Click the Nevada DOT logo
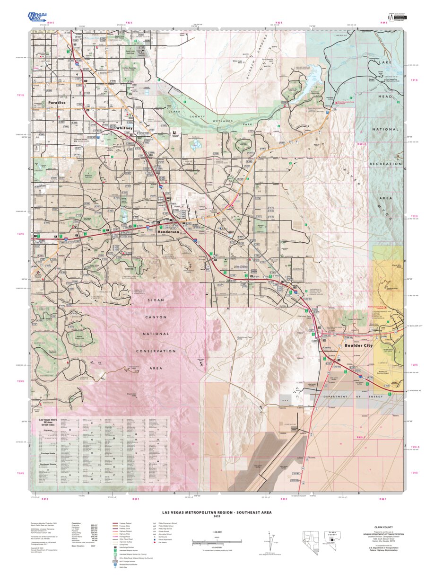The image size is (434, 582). pyautogui.click(x=37, y=18)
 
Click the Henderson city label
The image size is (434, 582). pyautogui.click(x=168, y=232)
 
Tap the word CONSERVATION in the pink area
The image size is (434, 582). pyautogui.click(x=149, y=351)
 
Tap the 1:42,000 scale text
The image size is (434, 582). pyautogui.click(x=217, y=533)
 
